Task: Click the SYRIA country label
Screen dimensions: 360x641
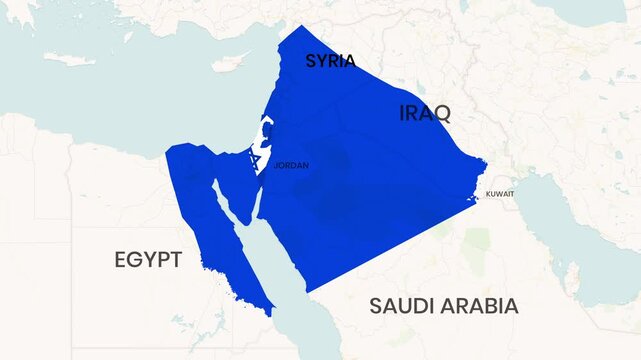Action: [x=330, y=61]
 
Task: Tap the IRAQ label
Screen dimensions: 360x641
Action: [x=424, y=112]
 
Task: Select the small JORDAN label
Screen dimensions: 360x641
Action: [x=291, y=166]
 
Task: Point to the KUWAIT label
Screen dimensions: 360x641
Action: [x=500, y=193]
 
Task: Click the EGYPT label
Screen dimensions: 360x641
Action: [x=148, y=261]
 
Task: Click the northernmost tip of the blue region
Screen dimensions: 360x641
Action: [x=302, y=27]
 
